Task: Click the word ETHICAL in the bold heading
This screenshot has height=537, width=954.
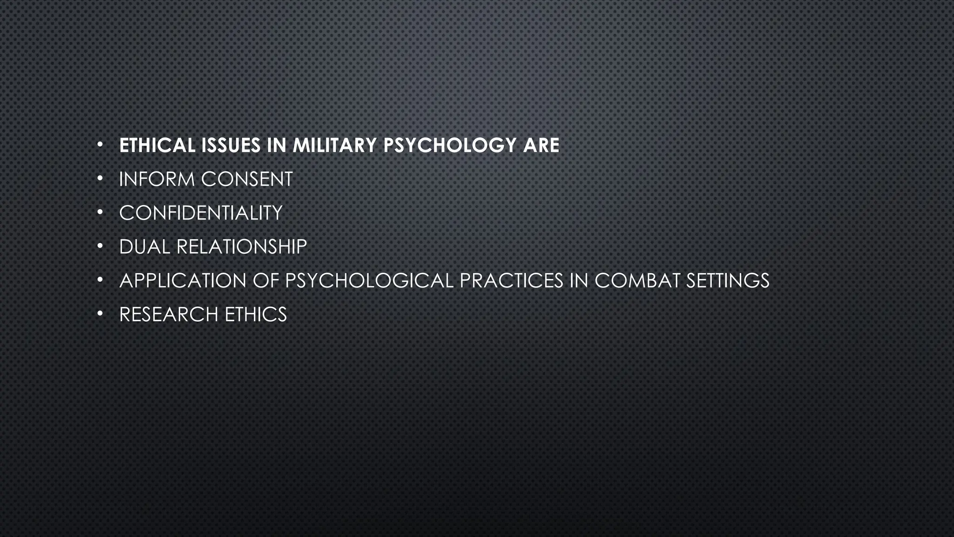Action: [x=157, y=145]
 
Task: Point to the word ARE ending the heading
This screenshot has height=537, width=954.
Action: [x=541, y=145]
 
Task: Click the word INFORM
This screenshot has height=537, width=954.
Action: [x=157, y=179]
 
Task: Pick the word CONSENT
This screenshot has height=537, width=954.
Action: [x=247, y=179]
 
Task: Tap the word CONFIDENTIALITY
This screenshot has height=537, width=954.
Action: [x=201, y=213]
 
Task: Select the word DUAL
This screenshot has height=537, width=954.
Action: [x=144, y=247]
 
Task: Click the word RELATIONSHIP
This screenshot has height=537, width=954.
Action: [x=241, y=247]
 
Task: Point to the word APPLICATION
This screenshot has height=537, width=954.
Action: [x=183, y=281]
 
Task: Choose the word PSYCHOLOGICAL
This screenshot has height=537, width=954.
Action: [x=369, y=281]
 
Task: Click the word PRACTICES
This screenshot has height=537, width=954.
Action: [x=511, y=281]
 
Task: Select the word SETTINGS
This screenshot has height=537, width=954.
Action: [x=728, y=281]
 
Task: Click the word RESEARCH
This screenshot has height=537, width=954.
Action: [x=169, y=315]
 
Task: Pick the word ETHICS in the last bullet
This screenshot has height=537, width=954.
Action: [x=256, y=315]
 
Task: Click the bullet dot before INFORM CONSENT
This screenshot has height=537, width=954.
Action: [x=100, y=179]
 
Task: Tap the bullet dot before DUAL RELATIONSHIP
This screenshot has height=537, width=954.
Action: [x=100, y=246]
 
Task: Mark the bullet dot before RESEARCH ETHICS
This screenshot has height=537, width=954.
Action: [x=100, y=314]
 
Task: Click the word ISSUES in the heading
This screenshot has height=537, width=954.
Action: [x=231, y=145]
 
